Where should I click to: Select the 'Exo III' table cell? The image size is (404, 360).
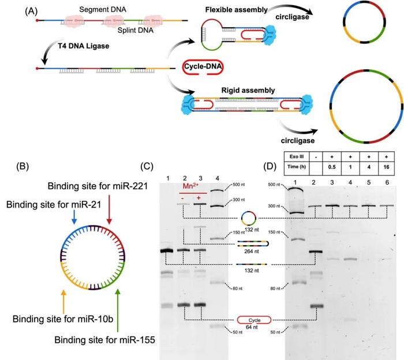(x=301, y=158)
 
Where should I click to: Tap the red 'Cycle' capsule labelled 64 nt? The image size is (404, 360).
(x=253, y=318)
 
